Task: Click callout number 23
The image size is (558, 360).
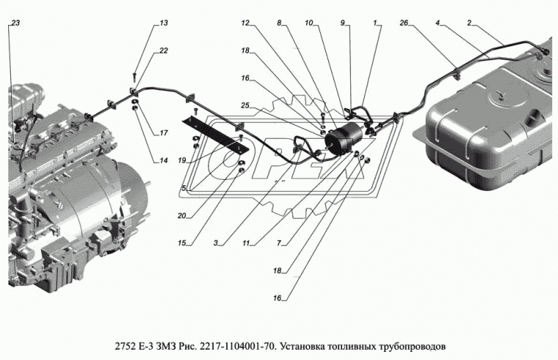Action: [x=15, y=24]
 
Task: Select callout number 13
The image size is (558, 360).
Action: [x=164, y=24]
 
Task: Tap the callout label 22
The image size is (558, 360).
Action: [x=164, y=50]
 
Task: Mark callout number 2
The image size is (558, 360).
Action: [x=469, y=24]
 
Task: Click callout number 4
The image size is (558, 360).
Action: [x=438, y=24]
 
